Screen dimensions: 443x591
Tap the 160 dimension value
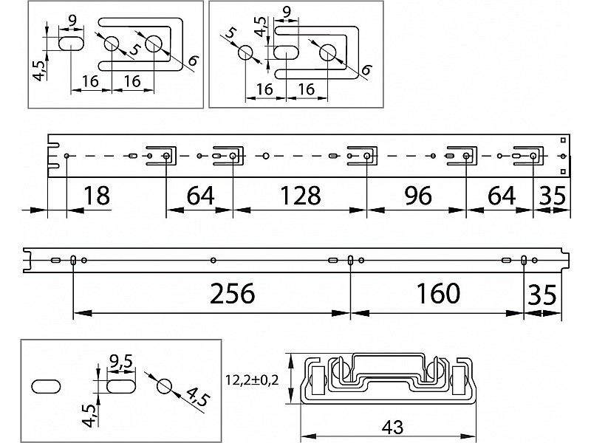click(438, 293)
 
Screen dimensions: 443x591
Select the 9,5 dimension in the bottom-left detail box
click(120, 362)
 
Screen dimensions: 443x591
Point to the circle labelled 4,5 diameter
click(164, 386)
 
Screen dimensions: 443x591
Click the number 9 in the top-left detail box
click(72, 19)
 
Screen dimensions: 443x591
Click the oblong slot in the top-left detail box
click(72, 42)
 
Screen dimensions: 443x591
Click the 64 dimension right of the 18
click(200, 196)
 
